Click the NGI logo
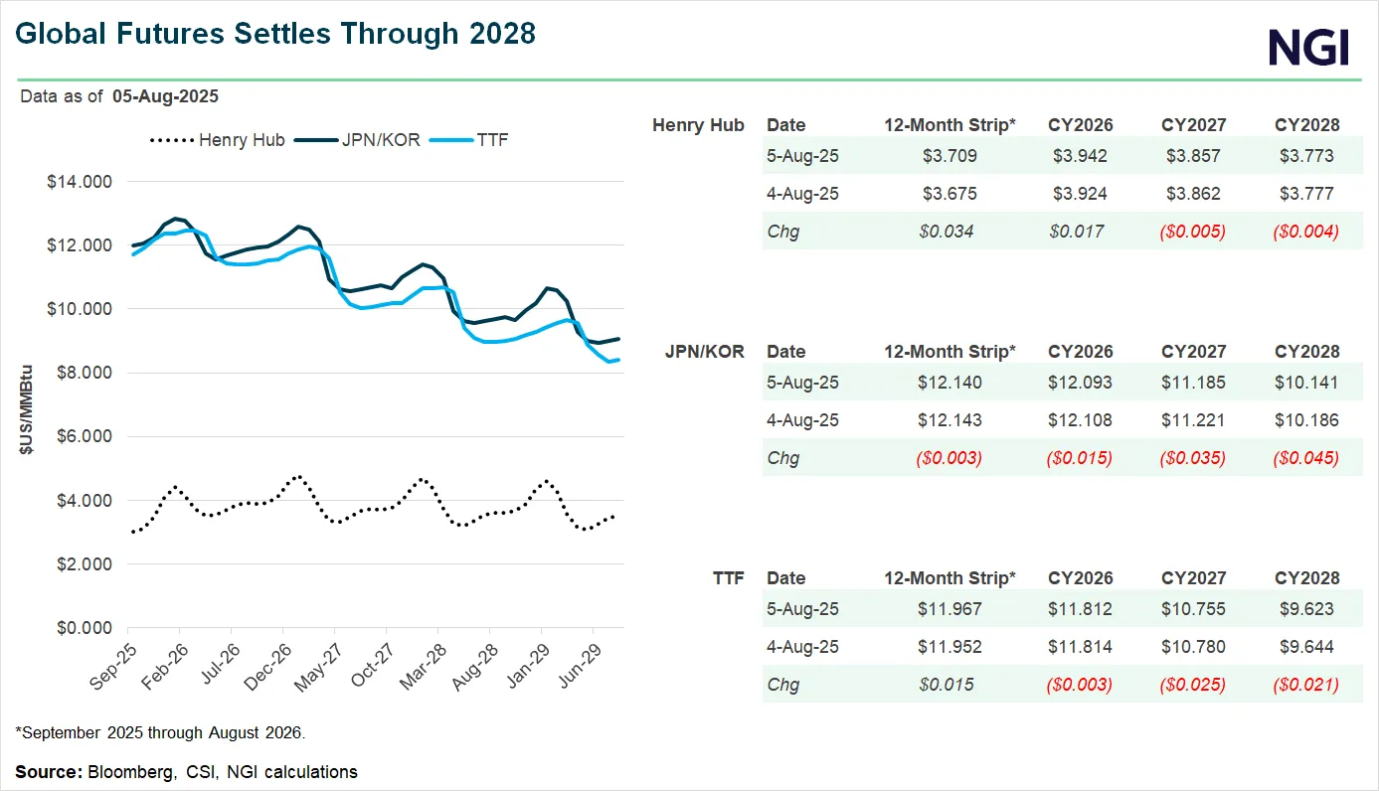pyautogui.click(x=1308, y=47)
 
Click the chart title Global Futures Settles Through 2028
pyautogui.click(x=275, y=34)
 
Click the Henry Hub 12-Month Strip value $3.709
pyautogui.click(x=949, y=156)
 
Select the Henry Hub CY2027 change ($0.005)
pyautogui.click(x=1193, y=232)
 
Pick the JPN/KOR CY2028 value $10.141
pyautogui.click(x=1306, y=383)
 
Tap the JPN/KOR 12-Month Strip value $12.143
pyautogui.click(x=949, y=420)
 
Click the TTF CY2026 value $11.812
pyautogui.click(x=1080, y=609)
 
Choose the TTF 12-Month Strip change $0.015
pyautogui.click(x=949, y=685)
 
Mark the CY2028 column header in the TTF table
pyautogui.click(x=1306, y=577)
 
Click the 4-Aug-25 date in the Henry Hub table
pyautogui.click(x=802, y=194)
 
